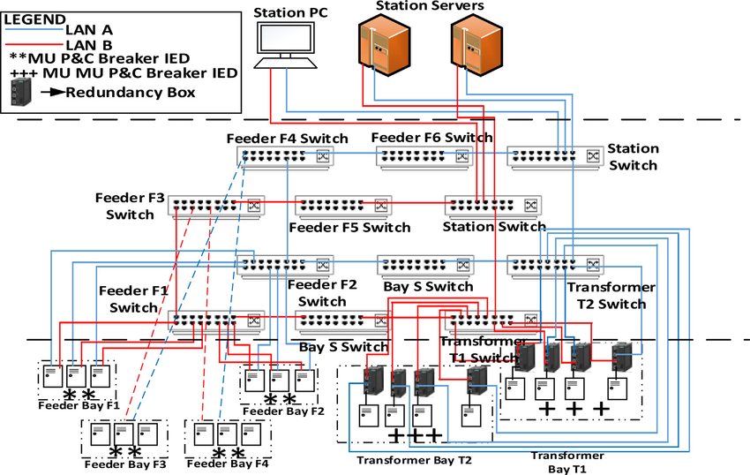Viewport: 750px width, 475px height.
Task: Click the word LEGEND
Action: coord(34,19)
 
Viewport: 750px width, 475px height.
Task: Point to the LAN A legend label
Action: coord(89,29)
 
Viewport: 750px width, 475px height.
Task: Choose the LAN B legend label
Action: coord(89,43)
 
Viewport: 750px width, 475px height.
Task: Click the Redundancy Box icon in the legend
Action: coord(20,92)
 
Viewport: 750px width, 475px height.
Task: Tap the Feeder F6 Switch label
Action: coord(431,138)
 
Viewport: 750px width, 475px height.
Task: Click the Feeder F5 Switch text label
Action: coord(349,227)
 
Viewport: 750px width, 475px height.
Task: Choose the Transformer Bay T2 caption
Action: coord(414,460)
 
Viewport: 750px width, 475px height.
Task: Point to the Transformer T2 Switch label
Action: coord(611,296)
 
